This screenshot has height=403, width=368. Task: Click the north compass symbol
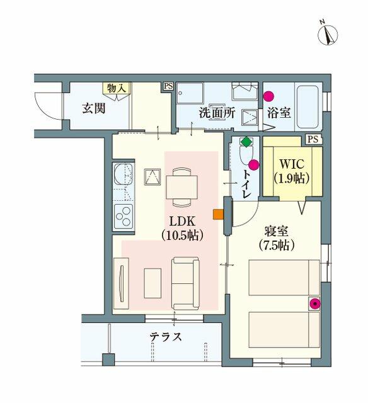(328, 33)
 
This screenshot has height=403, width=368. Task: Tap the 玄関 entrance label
(93, 108)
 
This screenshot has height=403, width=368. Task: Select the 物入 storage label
(117, 88)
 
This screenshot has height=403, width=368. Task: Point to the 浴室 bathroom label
(279, 113)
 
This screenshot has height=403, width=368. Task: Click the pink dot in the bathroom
(269, 97)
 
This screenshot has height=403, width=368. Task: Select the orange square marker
(218, 214)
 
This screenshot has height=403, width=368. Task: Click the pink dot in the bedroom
(314, 304)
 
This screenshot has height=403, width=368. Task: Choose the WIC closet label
(291, 171)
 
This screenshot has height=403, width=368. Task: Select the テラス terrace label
(166, 337)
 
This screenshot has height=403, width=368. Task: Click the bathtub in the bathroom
(308, 108)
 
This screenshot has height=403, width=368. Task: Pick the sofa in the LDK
(185, 283)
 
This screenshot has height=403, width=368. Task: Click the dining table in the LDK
(181, 186)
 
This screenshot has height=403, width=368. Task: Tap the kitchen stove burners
(123, 216)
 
